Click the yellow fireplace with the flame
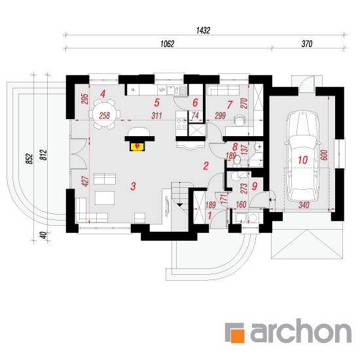137,147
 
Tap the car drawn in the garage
302,156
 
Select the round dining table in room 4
105,115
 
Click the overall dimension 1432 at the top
203,30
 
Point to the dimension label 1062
167,44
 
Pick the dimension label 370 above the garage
307,44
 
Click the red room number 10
302,160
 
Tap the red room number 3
133,186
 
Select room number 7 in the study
230,105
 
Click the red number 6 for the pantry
195,103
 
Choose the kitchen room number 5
157,103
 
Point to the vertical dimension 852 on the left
29,159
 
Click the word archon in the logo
301,331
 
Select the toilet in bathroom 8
236,161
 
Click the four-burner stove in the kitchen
181,124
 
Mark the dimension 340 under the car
304,205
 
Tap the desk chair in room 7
240,120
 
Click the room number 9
255,186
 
